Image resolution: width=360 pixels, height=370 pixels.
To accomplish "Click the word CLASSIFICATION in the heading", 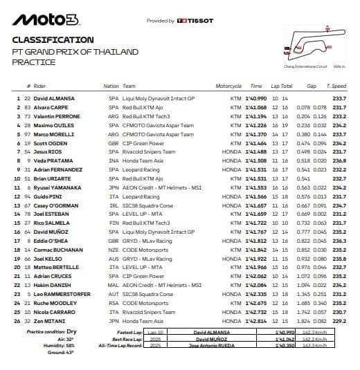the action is [53, 40].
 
